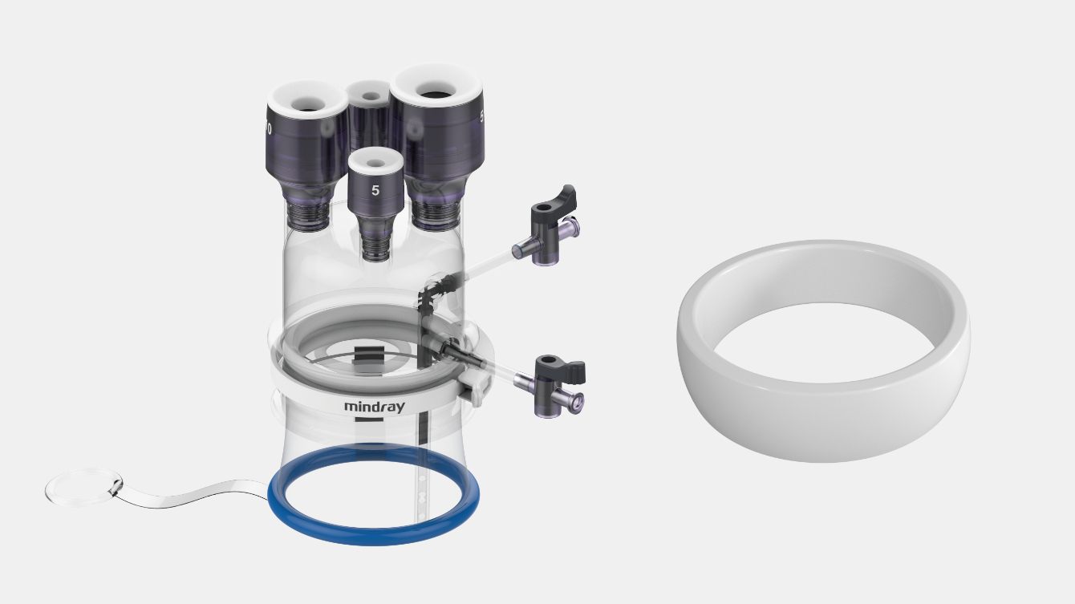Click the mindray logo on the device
point(375,407)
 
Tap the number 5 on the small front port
point(375,191)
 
